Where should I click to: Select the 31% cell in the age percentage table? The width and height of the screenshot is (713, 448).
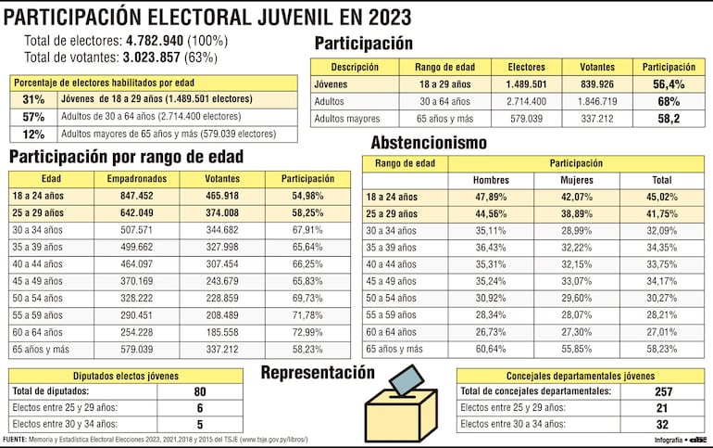click(33, 99)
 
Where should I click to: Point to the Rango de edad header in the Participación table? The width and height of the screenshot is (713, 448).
click(441, 67)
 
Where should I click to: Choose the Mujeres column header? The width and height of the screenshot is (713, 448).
click(578, 180)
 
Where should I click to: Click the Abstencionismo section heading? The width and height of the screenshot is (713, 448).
click(429, 143)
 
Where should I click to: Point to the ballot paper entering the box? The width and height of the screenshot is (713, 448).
click(405, 378)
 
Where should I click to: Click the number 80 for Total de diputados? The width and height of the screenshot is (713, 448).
click(199, 391)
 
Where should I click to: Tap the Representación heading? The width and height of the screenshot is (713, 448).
click(318, 373)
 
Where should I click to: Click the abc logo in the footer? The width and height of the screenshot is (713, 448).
click(697, 439)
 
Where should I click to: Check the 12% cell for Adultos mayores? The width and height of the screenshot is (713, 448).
click(33, 134)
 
